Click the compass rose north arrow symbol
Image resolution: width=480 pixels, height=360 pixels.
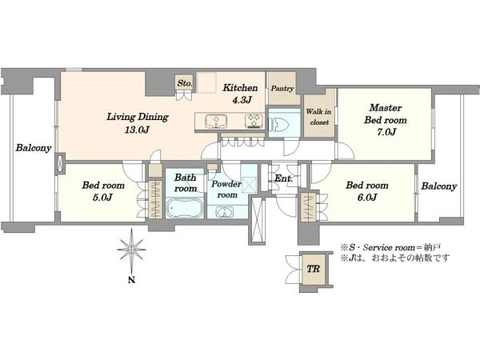pyautogui.click(x=132, y=250)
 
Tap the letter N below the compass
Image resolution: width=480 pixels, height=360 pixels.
pyautogui.click(x=132, y=279)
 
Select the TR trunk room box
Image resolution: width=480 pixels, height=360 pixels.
pyautogui.click(x=314, y=269)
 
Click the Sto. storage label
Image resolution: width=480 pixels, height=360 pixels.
pyautogui.click(x=185, y=82)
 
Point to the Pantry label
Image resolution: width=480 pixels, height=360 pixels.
pyautogui.click(x=282, y=89)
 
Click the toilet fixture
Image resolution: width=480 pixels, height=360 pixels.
pyautogui.click(x=278, y=125)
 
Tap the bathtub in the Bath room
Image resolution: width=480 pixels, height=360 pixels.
pyautogui.click(x=185, y=208)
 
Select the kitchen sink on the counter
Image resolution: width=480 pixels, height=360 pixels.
pyautogui.click(x=216, y=122)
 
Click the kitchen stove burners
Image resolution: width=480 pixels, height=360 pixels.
pyautogui.click(x=254, y=121)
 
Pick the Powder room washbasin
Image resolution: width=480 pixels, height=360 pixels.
pyautogui.click(x=224, y=212)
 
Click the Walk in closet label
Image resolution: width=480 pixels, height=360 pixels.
pyautogui.click(x=318, y=117)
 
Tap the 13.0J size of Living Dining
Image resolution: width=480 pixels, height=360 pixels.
pyautogui.click(x=137, y=130)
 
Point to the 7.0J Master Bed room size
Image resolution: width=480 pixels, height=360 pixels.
pyautogui.click(x=386, y=132)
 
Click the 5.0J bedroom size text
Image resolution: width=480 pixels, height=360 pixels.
pyautogui.click(x=102, y=198)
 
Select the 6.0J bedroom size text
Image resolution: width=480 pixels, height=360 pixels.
pyautogui.click(x=366, y=198)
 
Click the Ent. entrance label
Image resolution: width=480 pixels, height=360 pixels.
pyautogui.click(x=283, y=178)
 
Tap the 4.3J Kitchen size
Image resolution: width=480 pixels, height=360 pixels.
pyautogui.click(x=242, y=100)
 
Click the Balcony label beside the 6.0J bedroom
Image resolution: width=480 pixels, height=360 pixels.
pyautogui.click(x=439, y=186)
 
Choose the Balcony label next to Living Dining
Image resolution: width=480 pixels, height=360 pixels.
pyautogui.click(x=34, y=148)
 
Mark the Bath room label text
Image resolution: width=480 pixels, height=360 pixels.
pyautogui.click(x=186, y=182)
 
